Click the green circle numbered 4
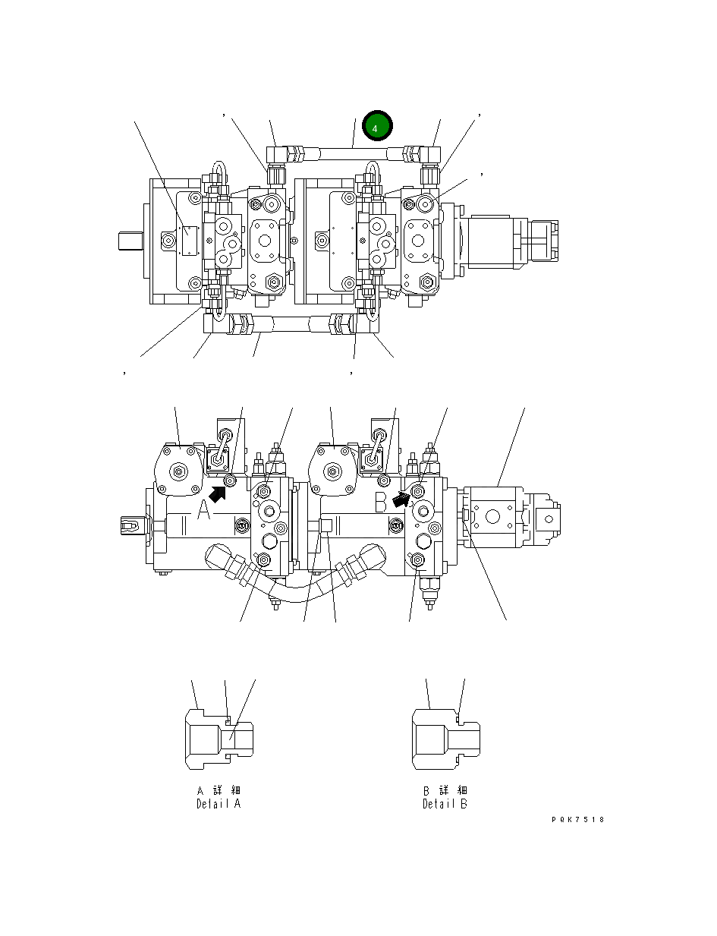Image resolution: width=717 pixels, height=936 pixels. (376, 128)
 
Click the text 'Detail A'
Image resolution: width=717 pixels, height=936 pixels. (219, 804)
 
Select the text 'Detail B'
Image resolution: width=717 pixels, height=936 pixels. (445, 804)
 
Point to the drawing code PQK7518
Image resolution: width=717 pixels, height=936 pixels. (578, 819)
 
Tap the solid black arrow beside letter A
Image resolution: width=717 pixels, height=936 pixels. (219, 494)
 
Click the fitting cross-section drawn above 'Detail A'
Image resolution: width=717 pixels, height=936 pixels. (219, 736)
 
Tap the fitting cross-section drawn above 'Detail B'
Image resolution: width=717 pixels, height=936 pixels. (445, 736)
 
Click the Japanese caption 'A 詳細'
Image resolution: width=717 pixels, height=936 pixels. (219, 790)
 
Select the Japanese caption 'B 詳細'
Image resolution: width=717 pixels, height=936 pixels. (445, 790)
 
